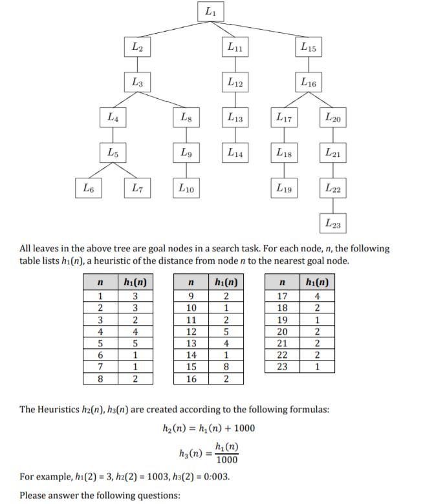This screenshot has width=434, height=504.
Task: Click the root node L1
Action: tap(212, 12)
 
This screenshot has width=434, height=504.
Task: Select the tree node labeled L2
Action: tap(138, 47)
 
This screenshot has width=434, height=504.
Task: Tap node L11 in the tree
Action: tap(234, 47)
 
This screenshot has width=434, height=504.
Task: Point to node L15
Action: tap(308, 47)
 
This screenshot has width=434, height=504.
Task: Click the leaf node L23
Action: tap(333, 224)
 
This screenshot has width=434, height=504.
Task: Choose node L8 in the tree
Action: tap(186, 118)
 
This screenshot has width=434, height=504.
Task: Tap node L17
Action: tap(283, 118)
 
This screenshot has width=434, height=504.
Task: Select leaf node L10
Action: tap(186, 188)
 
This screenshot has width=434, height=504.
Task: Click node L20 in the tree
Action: tap(333, 118)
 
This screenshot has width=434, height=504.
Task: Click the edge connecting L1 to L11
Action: tap(221, 29)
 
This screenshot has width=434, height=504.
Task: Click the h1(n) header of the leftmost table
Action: tap(135, 282)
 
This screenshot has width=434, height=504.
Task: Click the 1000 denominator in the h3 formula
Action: tap(226, 460)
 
